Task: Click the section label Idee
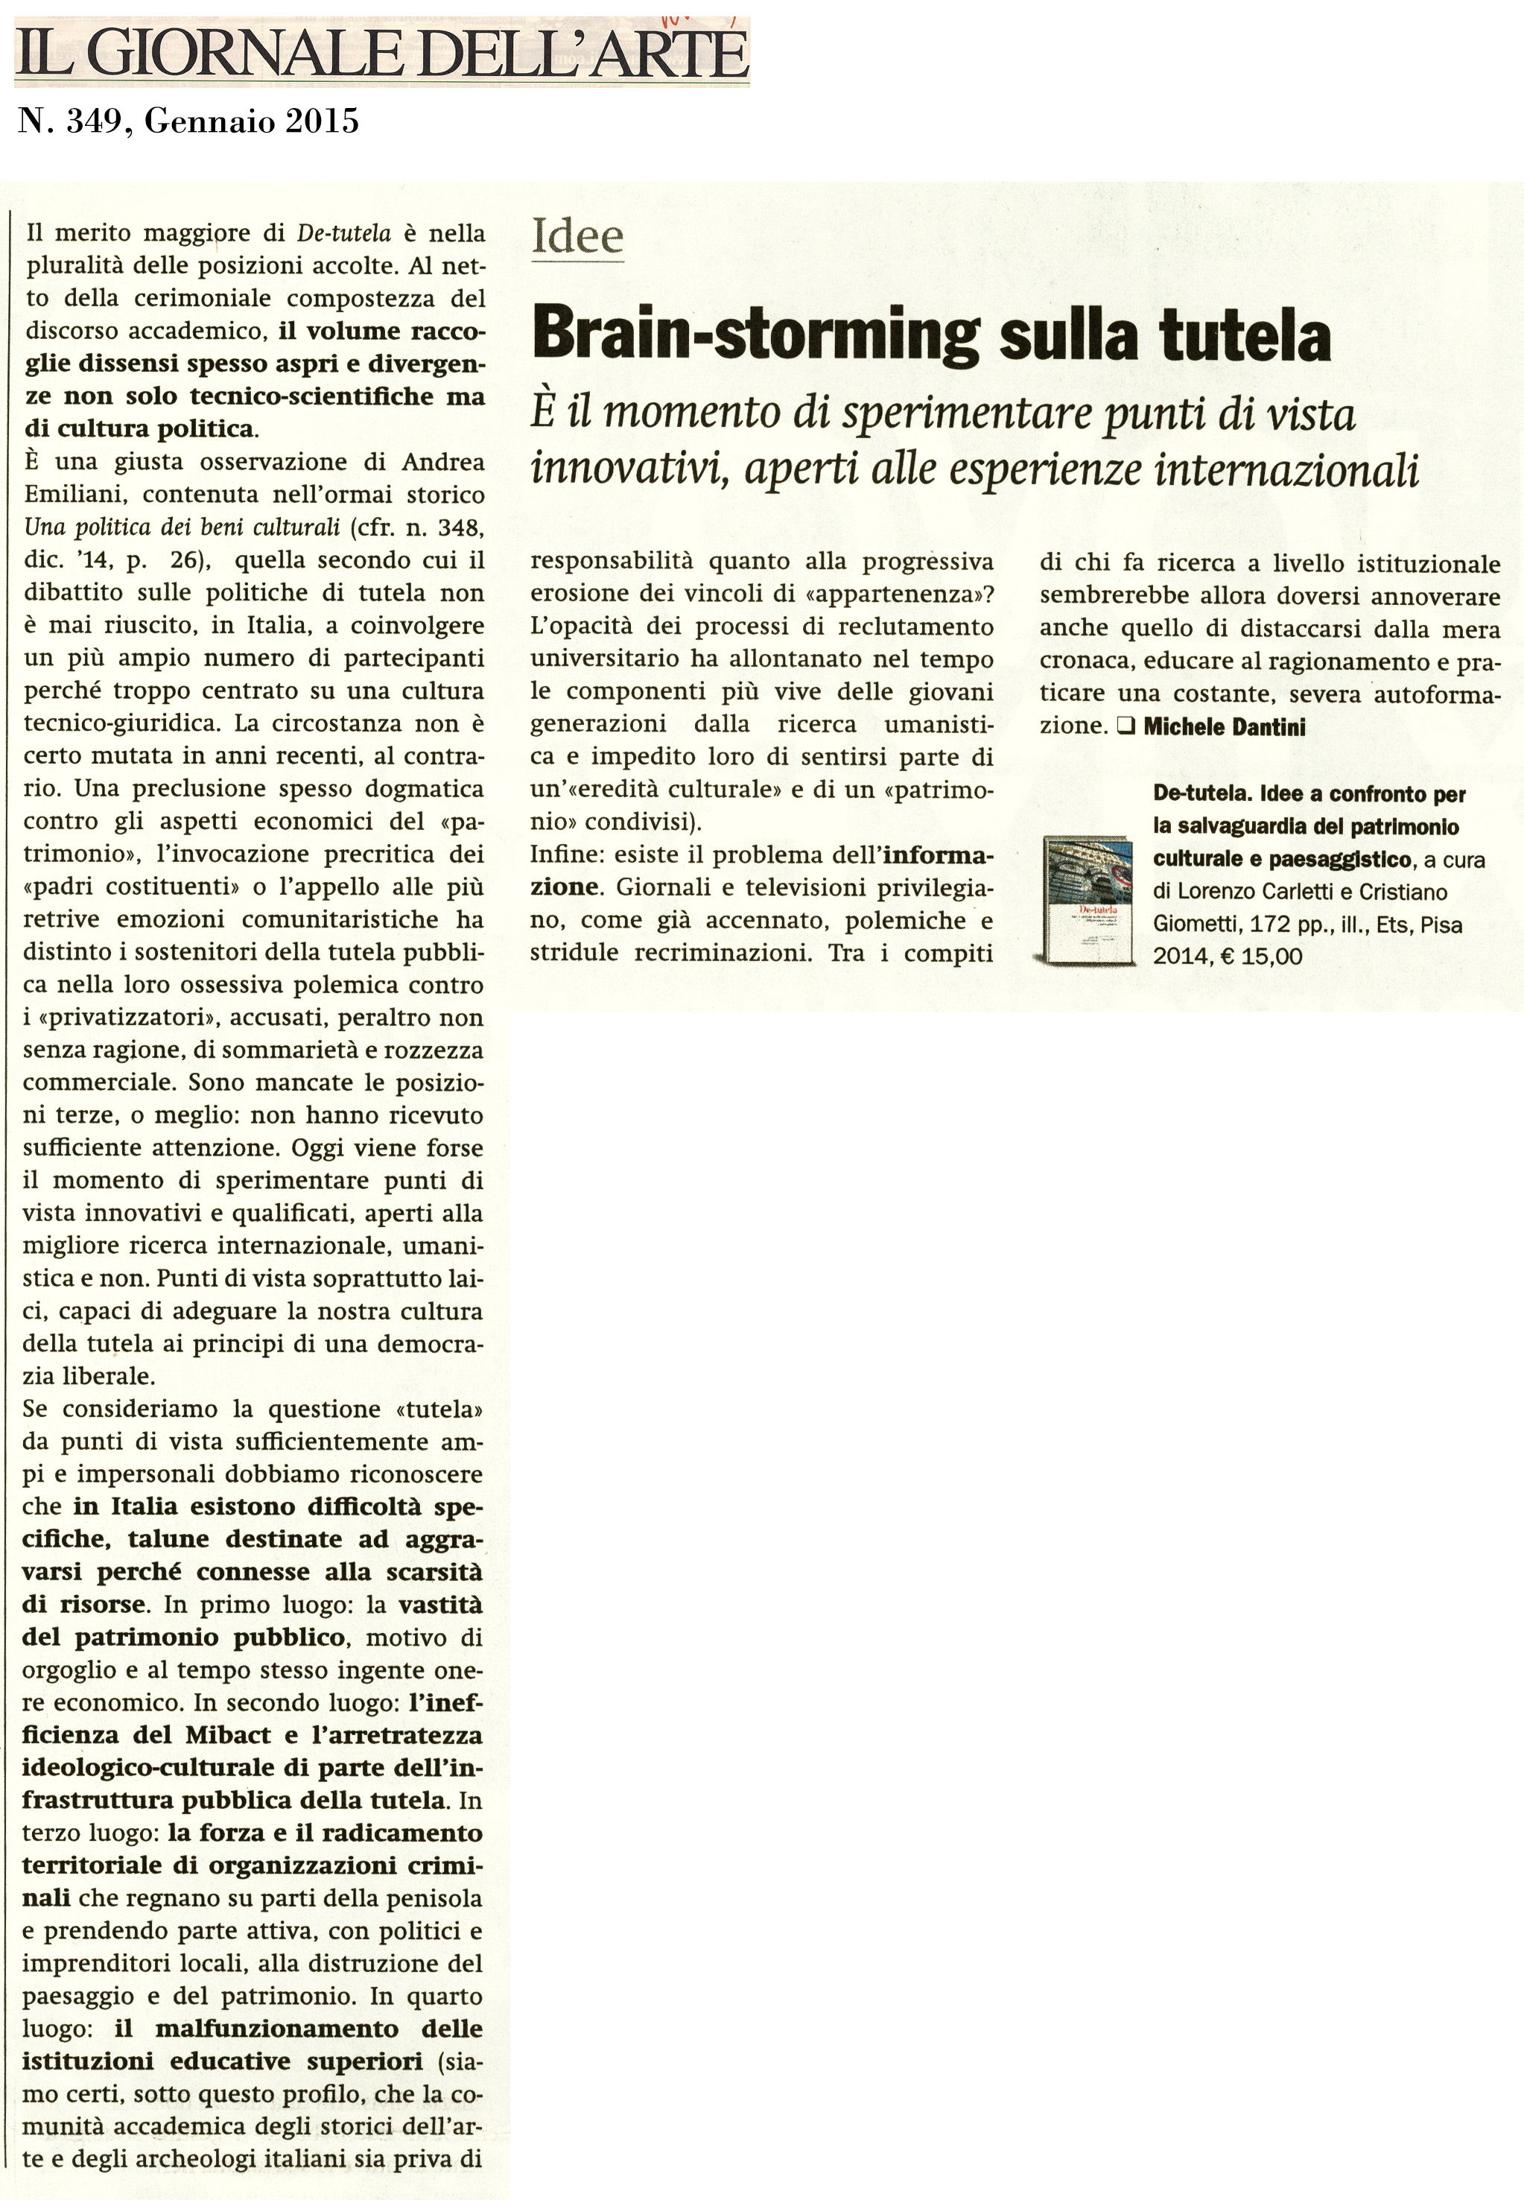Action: [x=577, y=236]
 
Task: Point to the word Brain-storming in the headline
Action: [x=755, y=336]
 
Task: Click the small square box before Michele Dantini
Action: [x=1125, y=726]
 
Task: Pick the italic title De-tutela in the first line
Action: [x=345, y=233]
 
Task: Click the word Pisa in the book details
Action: [x=1442, y=925]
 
